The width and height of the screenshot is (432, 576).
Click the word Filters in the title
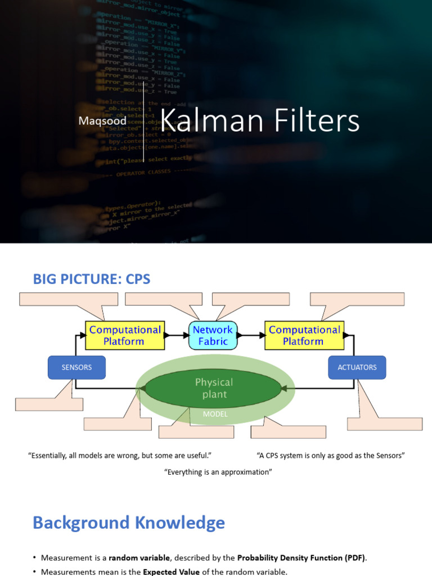coord(318,121)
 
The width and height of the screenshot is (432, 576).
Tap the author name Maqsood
coord(102,121)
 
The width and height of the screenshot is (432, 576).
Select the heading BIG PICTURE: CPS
coord(91,278)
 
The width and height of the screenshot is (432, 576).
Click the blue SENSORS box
coord(76,367)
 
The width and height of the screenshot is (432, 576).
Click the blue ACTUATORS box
coord(357,367)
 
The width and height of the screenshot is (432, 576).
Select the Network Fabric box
coord(213,336)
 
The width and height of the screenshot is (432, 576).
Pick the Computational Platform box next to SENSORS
coord(124,336)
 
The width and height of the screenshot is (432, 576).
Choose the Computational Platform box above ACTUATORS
coord(304,336)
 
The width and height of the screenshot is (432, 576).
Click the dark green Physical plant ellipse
coord(213,388)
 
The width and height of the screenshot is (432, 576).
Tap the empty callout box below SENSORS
coord(49,404)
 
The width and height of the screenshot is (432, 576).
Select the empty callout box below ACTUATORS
coord(385,424)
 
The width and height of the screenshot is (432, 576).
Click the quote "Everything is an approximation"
coord(218,472)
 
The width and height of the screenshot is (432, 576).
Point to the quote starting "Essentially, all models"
coord(123,456)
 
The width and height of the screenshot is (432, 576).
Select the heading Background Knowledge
coord(129,523)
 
